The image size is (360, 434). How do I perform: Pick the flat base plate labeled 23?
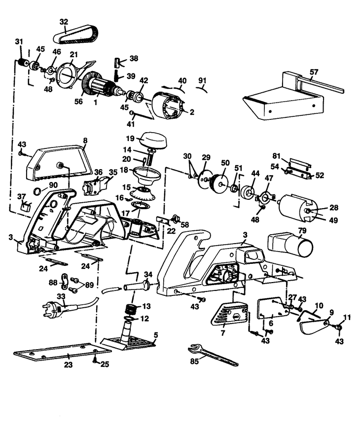click(62, 353)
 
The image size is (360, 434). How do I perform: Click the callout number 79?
click(302, 230)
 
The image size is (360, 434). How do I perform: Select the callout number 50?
click(225, 162)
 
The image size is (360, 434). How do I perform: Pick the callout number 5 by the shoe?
click(156, 335)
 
